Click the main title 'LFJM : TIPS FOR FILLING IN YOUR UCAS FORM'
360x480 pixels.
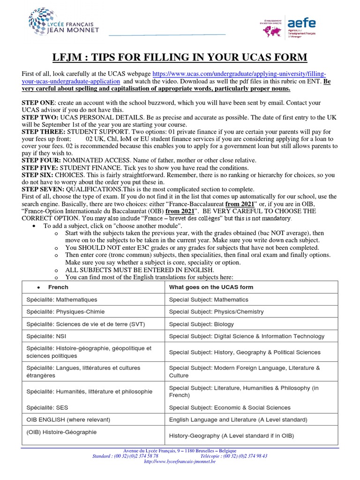[x=180, y=57]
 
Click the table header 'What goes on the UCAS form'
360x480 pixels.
[x=211, y=287]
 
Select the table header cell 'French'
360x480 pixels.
[x=58, y=287]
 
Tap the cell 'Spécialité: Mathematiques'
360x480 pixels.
[x=61, y=300]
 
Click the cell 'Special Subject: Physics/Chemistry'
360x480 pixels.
[x=216, y=312]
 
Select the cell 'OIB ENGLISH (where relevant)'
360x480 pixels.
[x=68, y=420]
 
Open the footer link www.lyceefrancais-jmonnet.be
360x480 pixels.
[x=180, y=461]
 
